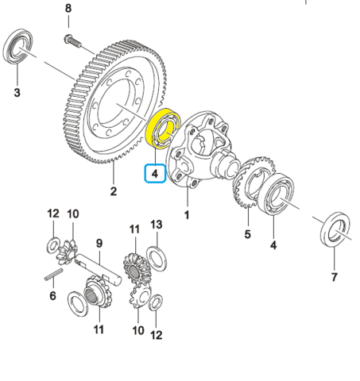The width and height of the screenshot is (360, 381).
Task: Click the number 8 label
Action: (68, 8)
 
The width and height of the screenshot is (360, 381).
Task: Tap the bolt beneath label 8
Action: (70, 39)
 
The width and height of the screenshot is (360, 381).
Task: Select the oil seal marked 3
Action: (19, 48)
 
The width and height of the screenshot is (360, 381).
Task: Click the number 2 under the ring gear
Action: (114, 191)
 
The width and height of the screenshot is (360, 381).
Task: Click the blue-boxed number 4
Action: (155, 171)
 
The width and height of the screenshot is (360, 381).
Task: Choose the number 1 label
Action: (188, 215)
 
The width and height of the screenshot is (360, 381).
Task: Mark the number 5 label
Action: (247, 234)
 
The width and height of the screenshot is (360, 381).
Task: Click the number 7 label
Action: (335, 277)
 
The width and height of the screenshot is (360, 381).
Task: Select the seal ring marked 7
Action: (334, 231)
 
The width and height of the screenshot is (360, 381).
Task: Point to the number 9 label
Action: (101, 244)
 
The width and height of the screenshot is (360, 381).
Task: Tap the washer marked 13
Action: (156, 253)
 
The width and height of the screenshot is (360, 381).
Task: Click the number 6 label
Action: (52, 296)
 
